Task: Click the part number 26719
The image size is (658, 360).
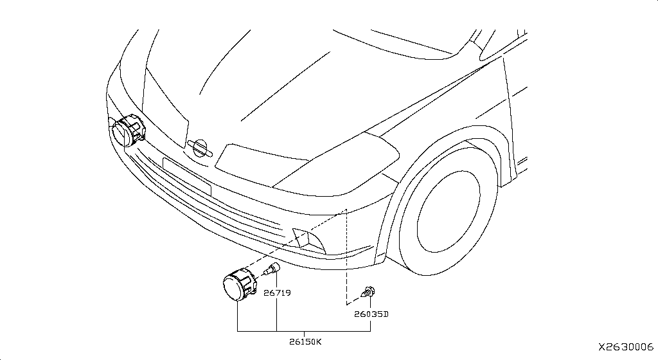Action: pyautogui.click(x=277, y=293)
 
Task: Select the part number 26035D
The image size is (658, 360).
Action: pyautogui.click(x=371, y=314)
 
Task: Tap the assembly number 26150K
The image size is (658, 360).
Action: pyautogui.click(x=305, y=341)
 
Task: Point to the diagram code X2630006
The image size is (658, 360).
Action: pyautogui.click(x=626, y=347)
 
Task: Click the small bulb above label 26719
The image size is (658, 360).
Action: pyautogui.click(x=271, y=269)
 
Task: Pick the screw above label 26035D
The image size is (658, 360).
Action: pyautogui.click(x=368, y=292)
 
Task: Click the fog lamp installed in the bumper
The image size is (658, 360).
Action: pyautogui.click(x=127, y=130)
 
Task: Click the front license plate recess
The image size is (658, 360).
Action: pyautogui.click(x=186, y=175)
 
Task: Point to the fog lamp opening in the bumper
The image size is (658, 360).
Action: pyautogui.click(x=308, y=241)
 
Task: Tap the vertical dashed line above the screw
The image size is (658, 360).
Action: pyautogui.click(x=346, y=256)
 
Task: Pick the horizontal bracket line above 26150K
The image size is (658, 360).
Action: pyautogui.click(x=304, y=332)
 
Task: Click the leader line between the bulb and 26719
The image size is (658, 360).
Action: pyautogui.click(x=277, y=280)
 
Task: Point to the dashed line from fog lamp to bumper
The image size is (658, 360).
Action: pyautogui.click(x=294, y=241)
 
